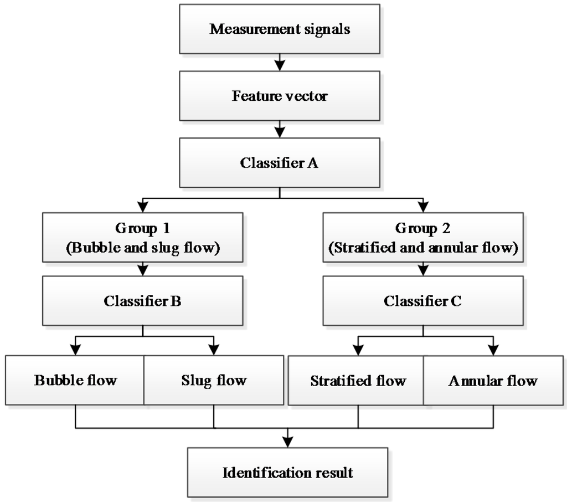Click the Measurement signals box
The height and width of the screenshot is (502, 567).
[280, 29]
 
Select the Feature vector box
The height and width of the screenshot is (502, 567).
[280, 96]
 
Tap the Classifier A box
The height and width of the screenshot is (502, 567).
[280, 162]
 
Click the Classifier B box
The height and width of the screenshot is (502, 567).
[142, 301]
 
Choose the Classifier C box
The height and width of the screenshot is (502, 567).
[423, 301]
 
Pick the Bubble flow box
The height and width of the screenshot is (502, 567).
[75, 381]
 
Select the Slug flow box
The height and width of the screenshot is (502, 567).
[214, 381]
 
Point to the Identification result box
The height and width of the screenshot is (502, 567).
[287, 473]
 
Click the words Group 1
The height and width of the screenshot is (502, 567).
[143, 228]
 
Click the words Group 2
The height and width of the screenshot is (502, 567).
[423, 228]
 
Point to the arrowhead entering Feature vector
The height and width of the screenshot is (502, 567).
[280, 66]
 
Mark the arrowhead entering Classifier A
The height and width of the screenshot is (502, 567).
[280, 132]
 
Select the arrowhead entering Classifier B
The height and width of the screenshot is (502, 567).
[143, 271]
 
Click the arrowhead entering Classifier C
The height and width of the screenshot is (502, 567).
[423, 271]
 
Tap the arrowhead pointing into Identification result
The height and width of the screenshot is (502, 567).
[287, 442]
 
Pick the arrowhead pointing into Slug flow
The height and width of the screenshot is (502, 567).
[214, 350]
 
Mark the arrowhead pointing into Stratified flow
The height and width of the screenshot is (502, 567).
[358, 351]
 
